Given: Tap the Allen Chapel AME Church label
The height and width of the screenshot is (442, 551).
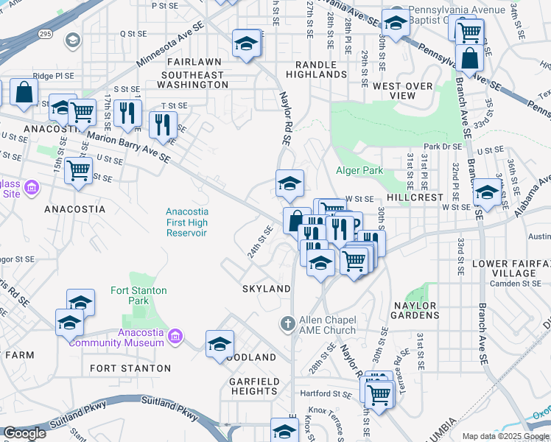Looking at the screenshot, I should [x=328, y=325].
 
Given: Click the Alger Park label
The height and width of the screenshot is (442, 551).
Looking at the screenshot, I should [x=359, y=170].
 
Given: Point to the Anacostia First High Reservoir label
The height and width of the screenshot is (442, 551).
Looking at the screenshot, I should [x=186, y=222].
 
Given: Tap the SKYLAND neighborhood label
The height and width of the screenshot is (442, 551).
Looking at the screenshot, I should [x=267, y=289].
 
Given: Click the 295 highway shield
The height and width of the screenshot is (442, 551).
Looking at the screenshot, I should [x=46, y=34].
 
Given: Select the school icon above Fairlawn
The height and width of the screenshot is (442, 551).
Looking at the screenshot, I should [x=247, y=43].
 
